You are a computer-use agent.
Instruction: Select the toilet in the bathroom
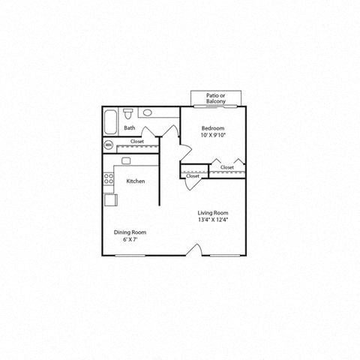129,114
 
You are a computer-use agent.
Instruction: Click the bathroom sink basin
148,113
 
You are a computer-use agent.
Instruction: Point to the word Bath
130,128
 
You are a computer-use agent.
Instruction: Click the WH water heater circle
108,144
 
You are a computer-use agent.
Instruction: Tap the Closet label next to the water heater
137,141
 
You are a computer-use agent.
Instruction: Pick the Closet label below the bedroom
226,167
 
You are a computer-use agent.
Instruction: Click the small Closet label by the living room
193,176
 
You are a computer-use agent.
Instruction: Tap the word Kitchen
135,181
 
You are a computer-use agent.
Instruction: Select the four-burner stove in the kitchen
109,179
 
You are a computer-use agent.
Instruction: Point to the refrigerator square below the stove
109,200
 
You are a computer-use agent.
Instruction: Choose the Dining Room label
130,232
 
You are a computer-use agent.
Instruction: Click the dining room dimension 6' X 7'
130,240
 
